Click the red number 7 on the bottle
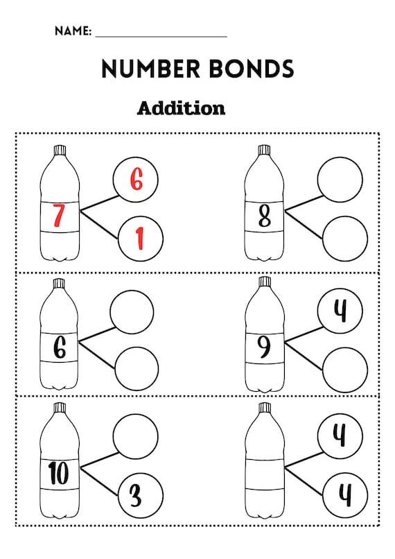pyautogui.click(x=59, y=216)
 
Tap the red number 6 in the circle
pyautogui.click(x=137, y=179)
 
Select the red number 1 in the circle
pyautogui.click(x=141, y=239)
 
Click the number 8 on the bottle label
pyautogui.click(x=265, y=216)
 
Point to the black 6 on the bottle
pyautogui.click(x=60, y=347)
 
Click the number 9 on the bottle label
pyautogui.click(x=264, y=347)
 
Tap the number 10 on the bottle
pyautogui.click(x=59, y=473)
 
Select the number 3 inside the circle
pyautogui.click(x=136, y=496)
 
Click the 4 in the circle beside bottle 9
pyautogui.click(x=340, y=311)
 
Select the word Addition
pyautogui.click(x=182, y=108)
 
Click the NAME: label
pyautogui.click(x=73, y=31)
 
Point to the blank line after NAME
pyautogui.click(x=161, y=36)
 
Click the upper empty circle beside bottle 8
pyautogui.click(x=340, y=180)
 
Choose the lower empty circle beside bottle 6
pyautogui.click(x=137, y=369)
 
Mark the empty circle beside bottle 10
pyautogui.click(x=135, y=436)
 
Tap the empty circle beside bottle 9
pyautogui.click(x=345, y=370)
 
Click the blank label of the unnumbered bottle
pyautogui.click(x=265, y=474)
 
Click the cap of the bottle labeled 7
pyautogui.click(x=60, y=150)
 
